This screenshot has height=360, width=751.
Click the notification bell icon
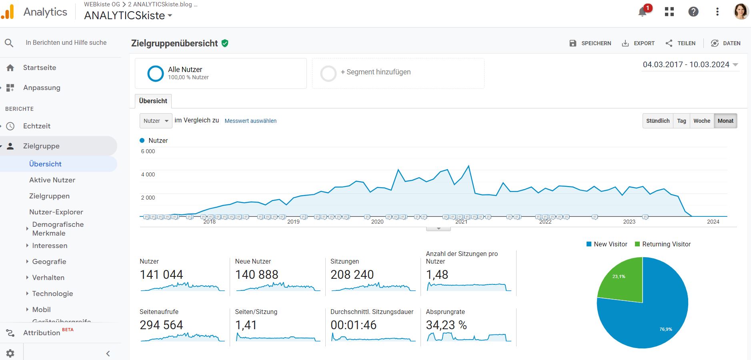pyautogui.click(x=643, y=12)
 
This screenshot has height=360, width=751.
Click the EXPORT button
pyautogui.click(x=638, y=43)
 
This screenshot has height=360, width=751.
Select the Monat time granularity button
pyautogui.click(x=725, y=121)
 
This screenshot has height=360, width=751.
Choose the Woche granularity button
pyautogui.click(x=702, y=121)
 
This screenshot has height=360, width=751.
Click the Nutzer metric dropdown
pyautogui.click(x=156, y=121)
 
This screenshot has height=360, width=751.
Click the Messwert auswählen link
pyautogui.click(x=250, y=121)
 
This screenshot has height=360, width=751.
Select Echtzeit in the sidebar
pyautogui.click(x=37, y=126)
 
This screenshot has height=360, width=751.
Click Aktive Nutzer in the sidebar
pyautogui.click(x=52, y=180)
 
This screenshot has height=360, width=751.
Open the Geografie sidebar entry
pyautogui.click(x=49, y=262)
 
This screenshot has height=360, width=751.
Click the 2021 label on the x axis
pyautogui.click(x=461, y=222)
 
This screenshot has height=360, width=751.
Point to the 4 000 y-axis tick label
pyautogui.click(x=148, y=174)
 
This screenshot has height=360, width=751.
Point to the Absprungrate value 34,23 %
pyautogui.click(x=446, y=325)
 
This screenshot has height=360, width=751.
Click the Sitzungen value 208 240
pyautogui.click(x=352, y=275)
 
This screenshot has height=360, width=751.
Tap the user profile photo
pyautogui.click(x=741, y=12)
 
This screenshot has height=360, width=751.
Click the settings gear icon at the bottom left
pyautogui.click(x=10, y=353)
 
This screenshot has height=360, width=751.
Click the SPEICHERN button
pyautogui.click(x=590, y=43)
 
